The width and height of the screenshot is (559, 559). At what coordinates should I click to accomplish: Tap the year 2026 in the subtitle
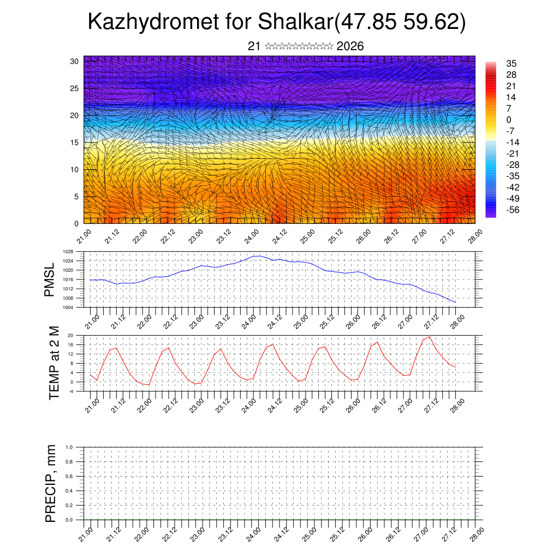pyautogui.click(x=350, y=46)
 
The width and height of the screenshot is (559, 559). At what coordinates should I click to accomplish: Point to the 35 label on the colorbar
pyautogui.click(x=512, y=63)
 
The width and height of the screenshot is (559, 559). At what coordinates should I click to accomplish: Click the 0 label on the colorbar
pyautogui.click(x=509, y=120)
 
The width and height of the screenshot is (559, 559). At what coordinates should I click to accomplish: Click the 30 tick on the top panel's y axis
pyautogui.click(x=75, y=61)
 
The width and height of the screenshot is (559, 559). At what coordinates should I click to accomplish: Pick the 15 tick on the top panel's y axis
pyautogui.click(x=75, y=142)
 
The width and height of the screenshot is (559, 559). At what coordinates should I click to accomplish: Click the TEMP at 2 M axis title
pyautogui.click(x=54, y=362)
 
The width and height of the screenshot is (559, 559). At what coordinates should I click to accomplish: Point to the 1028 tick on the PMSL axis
pyautogui.click(x=68, y=252)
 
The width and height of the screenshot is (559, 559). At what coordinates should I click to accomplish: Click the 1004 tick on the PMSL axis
pyautogui.click(x=68, y=307)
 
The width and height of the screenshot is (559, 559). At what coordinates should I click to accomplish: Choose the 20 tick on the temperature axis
pyautogui.click(x=71, y=335)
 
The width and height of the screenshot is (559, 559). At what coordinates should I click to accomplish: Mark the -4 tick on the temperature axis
pyautogui.click(x=71, y=391)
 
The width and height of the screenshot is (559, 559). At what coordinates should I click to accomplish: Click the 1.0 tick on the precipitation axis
pyautogui.click(x=69, y=447)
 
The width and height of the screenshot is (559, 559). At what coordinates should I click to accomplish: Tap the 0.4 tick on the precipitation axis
pyautogui.click(x=69, y=491)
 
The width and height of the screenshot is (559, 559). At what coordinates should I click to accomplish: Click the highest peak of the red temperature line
pyautogui.click(x=429, y=336)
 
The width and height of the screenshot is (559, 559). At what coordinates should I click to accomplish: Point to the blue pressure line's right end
pyautogui.click(x=455, y=302)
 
